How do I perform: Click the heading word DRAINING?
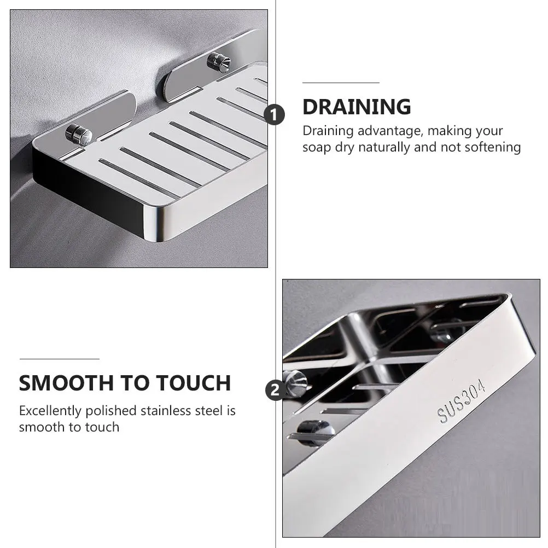tap(357, 107)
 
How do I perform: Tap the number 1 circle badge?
tap(274, 115)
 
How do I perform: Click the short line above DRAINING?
tap(341, 83)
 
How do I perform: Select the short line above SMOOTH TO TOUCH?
tap(59, 359)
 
